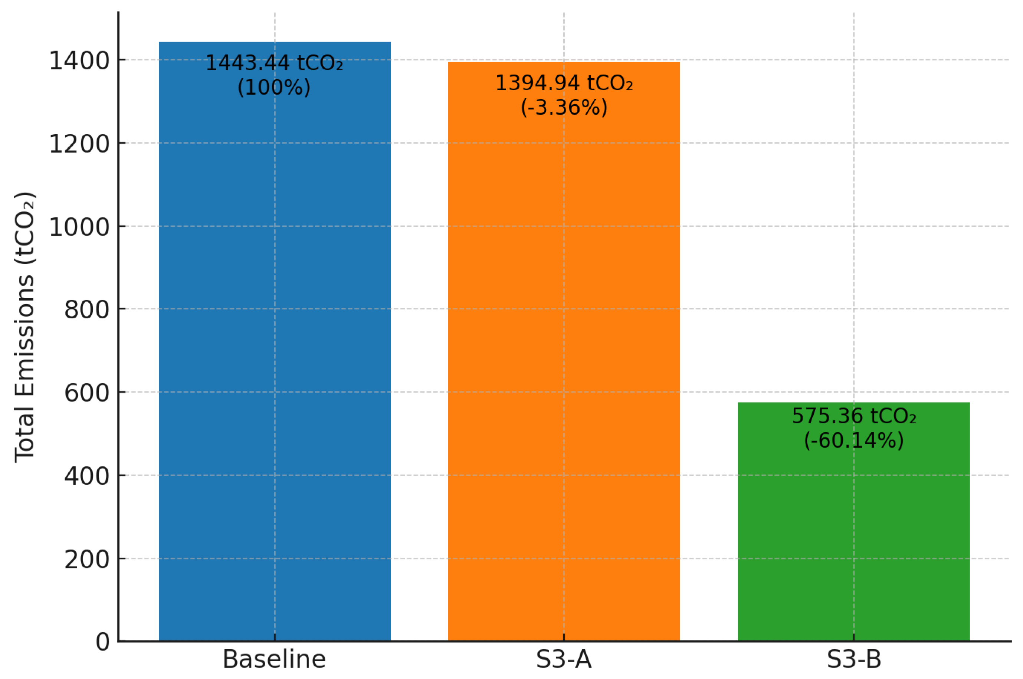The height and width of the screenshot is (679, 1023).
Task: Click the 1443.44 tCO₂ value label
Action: coord(274,63)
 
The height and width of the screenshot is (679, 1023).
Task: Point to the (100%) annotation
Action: coord(274,87)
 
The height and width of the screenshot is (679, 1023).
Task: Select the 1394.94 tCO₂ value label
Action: coord(564,83)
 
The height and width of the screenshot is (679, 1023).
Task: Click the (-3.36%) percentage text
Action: coord(564,107)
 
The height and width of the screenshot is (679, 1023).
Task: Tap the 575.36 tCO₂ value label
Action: coord(853,416)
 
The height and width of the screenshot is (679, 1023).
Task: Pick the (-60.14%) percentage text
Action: coord(853,440)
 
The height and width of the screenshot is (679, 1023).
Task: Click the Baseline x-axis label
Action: coord(274,659)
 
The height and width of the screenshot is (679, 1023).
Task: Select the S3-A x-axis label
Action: coord(564,659)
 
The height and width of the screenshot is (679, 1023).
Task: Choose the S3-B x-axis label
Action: coord(853,659)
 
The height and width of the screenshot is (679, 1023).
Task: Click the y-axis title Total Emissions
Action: coord(25,327)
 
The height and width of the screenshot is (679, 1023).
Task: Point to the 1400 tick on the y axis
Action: coord(79,60)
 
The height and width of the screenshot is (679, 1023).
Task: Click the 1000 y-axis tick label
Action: coord(79,227)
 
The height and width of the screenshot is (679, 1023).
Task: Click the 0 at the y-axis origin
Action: coord(103,642)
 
